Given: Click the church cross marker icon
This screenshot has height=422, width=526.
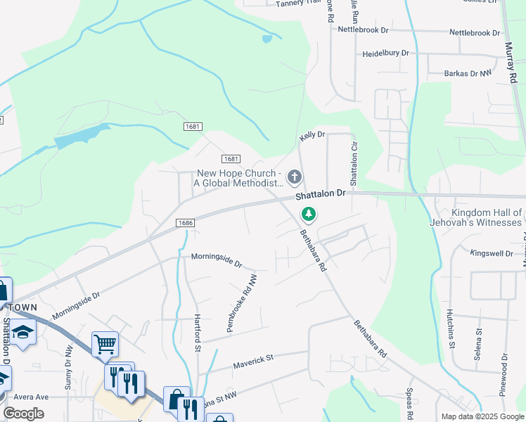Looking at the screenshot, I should tap(295, 176).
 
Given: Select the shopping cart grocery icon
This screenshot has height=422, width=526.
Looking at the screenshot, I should tap(105, 345).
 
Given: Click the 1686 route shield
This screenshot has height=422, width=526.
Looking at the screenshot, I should tap(186, 222).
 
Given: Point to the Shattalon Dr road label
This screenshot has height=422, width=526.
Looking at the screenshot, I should tap(321, 193).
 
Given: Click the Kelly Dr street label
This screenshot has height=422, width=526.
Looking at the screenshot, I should tap(312, 134).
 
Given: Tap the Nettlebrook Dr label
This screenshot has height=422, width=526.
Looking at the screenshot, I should tap(363, 30).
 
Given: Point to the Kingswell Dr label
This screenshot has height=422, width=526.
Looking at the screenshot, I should tap(493, 252).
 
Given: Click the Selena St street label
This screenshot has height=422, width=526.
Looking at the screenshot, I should tap(477, 345).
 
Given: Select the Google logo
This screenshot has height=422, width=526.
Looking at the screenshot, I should tap(24, 414).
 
